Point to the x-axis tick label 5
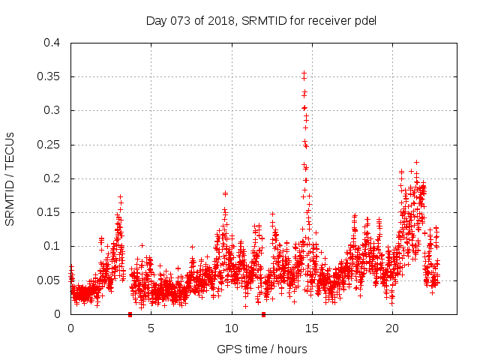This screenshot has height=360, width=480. click(151, 328)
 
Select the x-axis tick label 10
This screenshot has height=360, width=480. click(231, 328)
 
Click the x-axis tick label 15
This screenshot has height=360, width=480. click(311, 328)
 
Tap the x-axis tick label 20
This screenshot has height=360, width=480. click(391, 328)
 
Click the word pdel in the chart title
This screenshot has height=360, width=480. click(364, 20)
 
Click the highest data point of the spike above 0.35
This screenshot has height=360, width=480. click(304, 73)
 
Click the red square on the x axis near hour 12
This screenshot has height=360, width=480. click(263, 314)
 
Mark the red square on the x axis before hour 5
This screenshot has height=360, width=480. click(130, 314)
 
